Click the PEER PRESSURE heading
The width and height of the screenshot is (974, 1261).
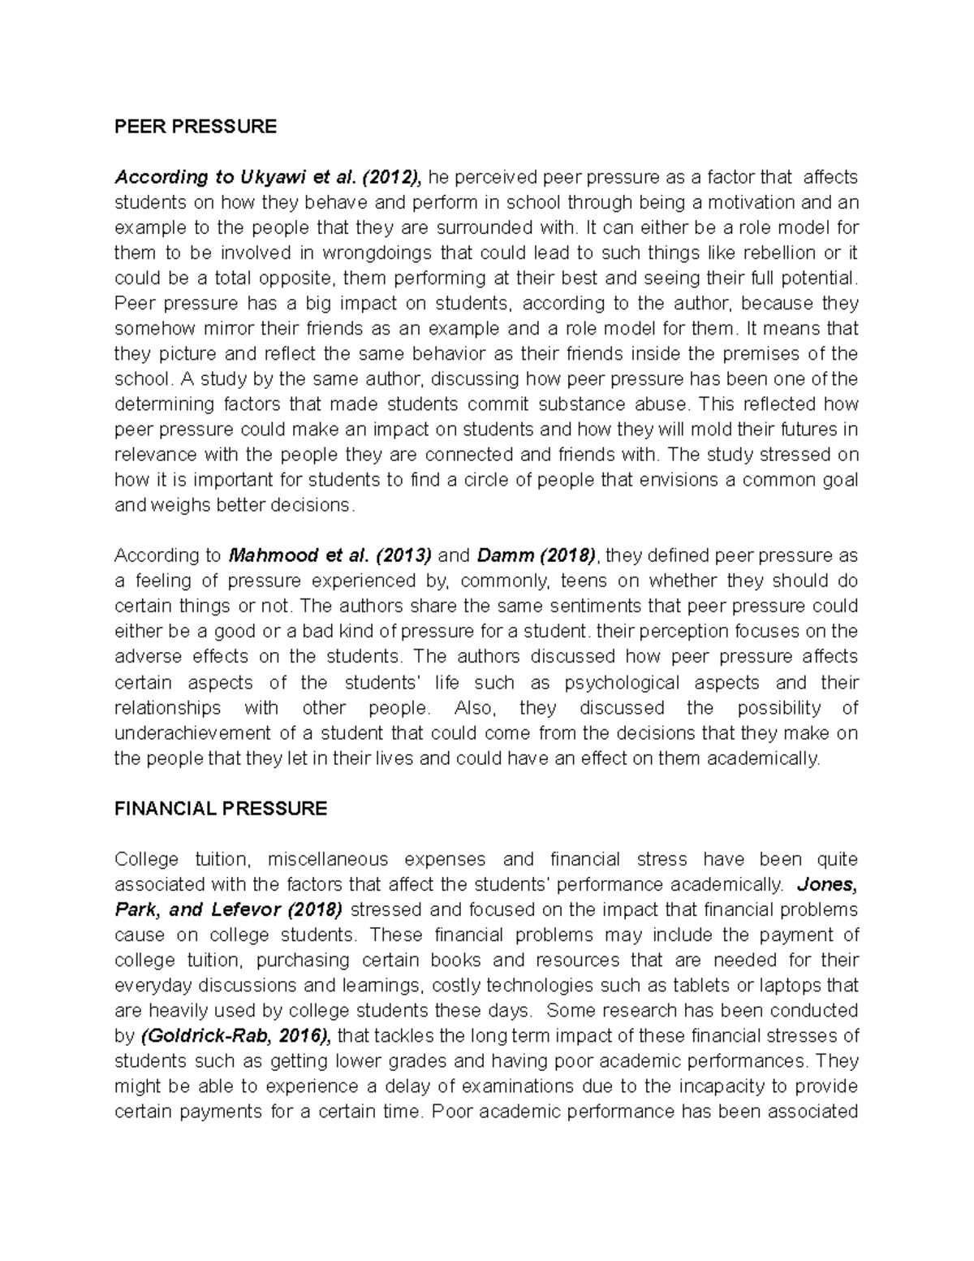tap(196, 127)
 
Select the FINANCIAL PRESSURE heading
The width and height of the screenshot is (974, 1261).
tap(221, 809)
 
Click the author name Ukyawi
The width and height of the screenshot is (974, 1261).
tap(269, 177)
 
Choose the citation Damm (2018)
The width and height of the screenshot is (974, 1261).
tap(537, 556)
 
